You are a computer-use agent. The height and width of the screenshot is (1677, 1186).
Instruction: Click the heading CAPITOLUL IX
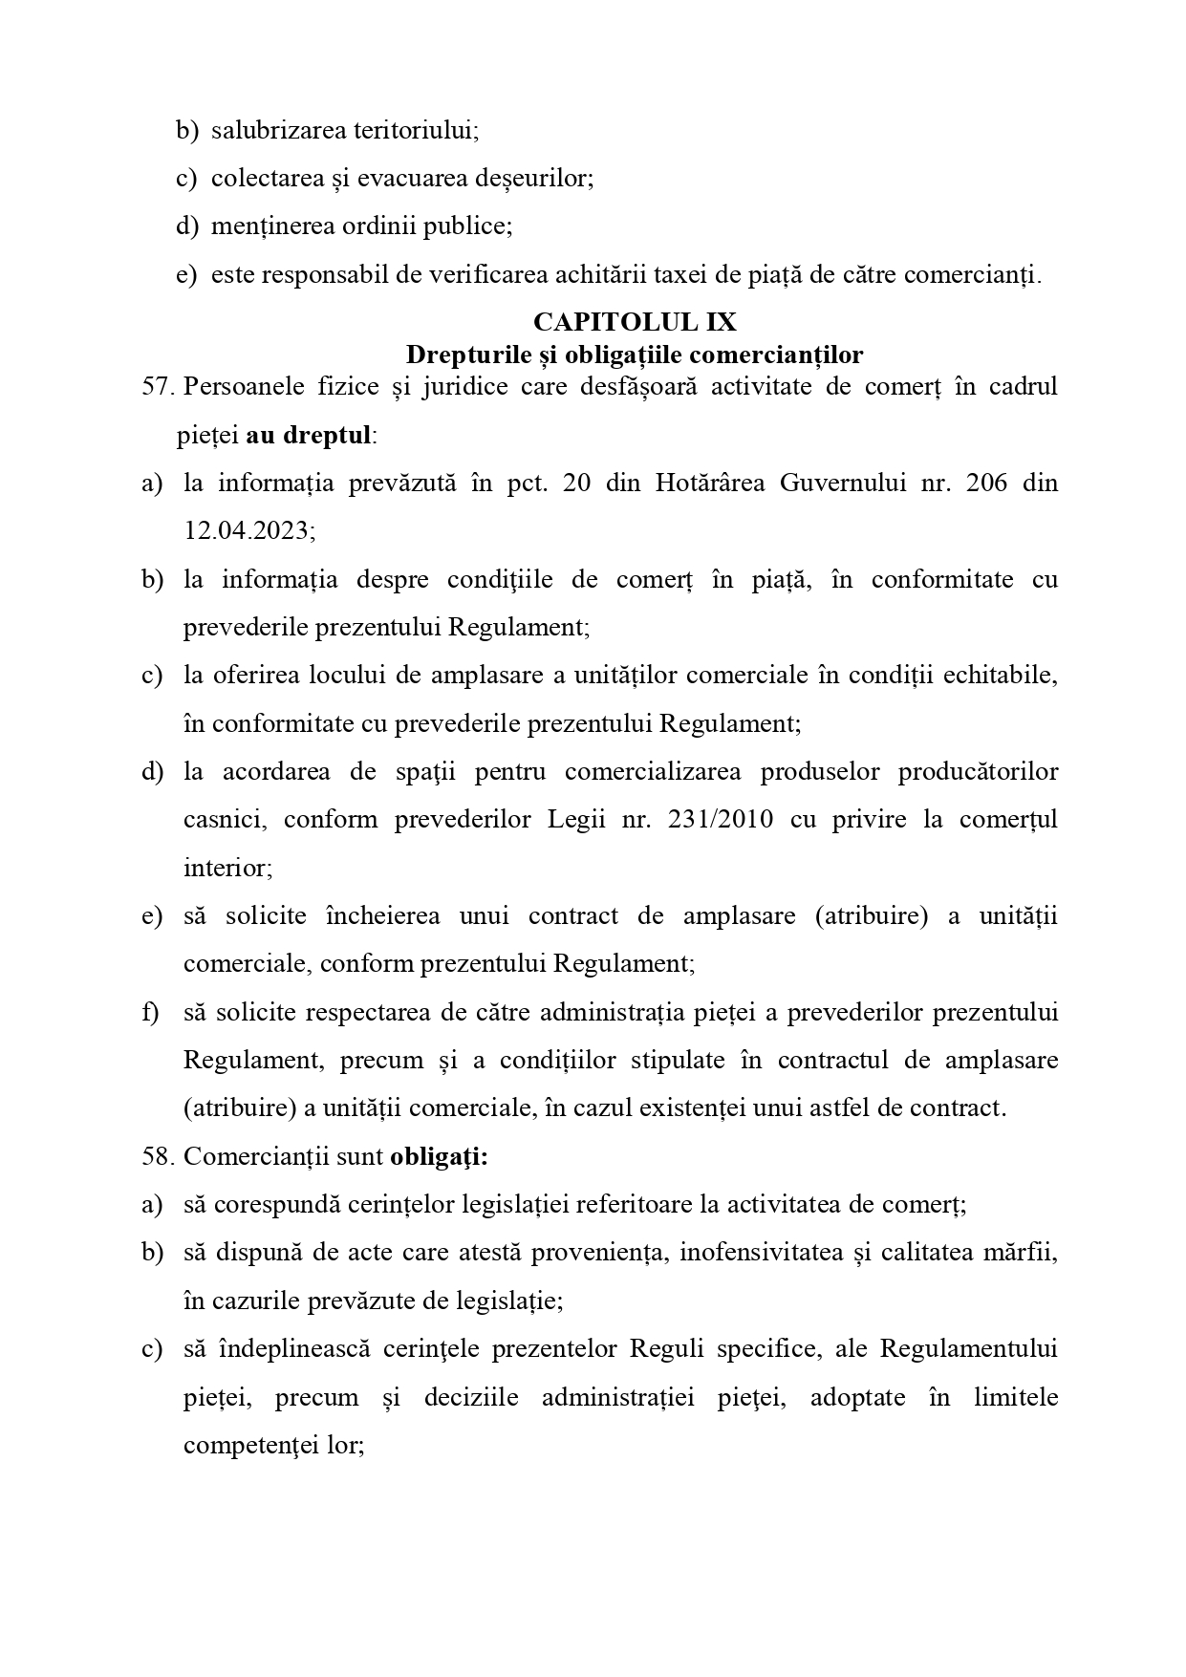click(x=635, y=321)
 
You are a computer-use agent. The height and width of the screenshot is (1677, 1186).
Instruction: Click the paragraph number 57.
click(x=158, y=387)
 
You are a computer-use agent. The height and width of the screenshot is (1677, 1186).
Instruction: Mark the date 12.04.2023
click(x=248, y=530)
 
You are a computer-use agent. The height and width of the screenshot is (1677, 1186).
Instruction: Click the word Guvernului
click(x=841, y=483)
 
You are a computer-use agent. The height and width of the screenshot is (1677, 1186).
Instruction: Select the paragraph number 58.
click(x=158, y=1156)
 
